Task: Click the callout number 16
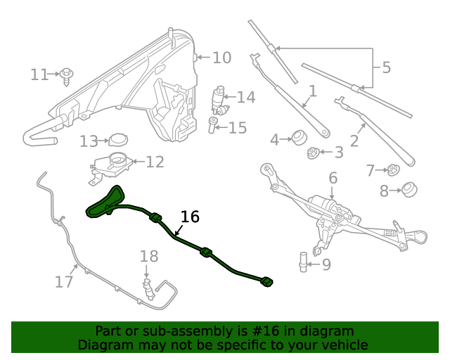(x=190, y=217)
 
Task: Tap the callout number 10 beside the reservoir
(x=221, y=58)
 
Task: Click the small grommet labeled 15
(x=213, y=127)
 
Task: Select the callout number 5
(x=386, y=68)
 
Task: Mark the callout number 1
(x=312, y=91)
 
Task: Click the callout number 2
(x=354, y=141)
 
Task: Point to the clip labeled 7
(x=394, y=169)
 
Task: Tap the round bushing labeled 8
(x=409, y=189)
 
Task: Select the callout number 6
(x=333, y=179)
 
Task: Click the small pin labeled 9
(x=303, y=262)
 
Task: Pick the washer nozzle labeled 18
(x=148, y=287)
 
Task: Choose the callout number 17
(x=64, y=283)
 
